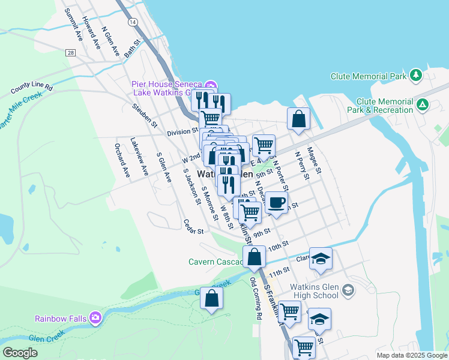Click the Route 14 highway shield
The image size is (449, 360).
click(132, 22)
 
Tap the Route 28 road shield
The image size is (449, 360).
click(71, 53)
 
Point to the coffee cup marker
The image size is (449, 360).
click(276, 203)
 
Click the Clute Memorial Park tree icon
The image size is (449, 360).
click(415, 76)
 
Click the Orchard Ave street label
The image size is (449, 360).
click(122, 164)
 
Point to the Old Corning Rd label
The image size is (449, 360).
click(257, 298)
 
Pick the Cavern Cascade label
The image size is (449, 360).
click(215, 262)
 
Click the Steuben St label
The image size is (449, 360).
click(145, 116)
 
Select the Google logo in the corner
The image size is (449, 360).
click(20, 353)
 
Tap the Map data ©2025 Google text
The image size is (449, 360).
click(412, 355)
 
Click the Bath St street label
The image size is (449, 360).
click(132, 49)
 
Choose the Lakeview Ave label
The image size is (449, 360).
click(139, 157)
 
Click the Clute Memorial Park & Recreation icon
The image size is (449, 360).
click(423, 105)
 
